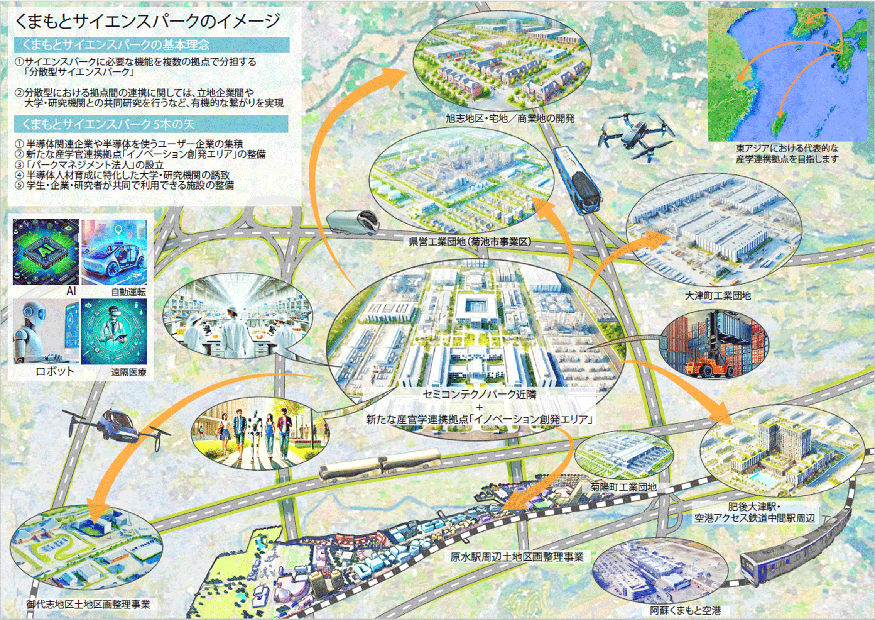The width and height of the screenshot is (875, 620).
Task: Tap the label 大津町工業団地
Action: tap(717, 296)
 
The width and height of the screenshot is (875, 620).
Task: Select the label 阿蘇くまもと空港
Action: tap(685, 610)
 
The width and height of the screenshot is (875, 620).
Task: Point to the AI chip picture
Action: tap(46, 252)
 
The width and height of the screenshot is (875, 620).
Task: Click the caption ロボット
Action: tap(54, 371)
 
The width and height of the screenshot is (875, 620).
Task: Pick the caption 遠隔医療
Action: tap(128, 372)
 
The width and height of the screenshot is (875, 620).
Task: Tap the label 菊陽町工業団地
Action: tap(623, 487)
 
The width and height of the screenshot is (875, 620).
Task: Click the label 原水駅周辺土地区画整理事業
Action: tap(517, 557)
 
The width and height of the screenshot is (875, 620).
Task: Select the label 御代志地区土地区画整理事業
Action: tap(88, 604)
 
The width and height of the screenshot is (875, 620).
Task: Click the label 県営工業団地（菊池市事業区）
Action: tap(470, 242)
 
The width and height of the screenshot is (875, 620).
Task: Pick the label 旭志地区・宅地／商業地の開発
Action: tap(510, 119)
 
